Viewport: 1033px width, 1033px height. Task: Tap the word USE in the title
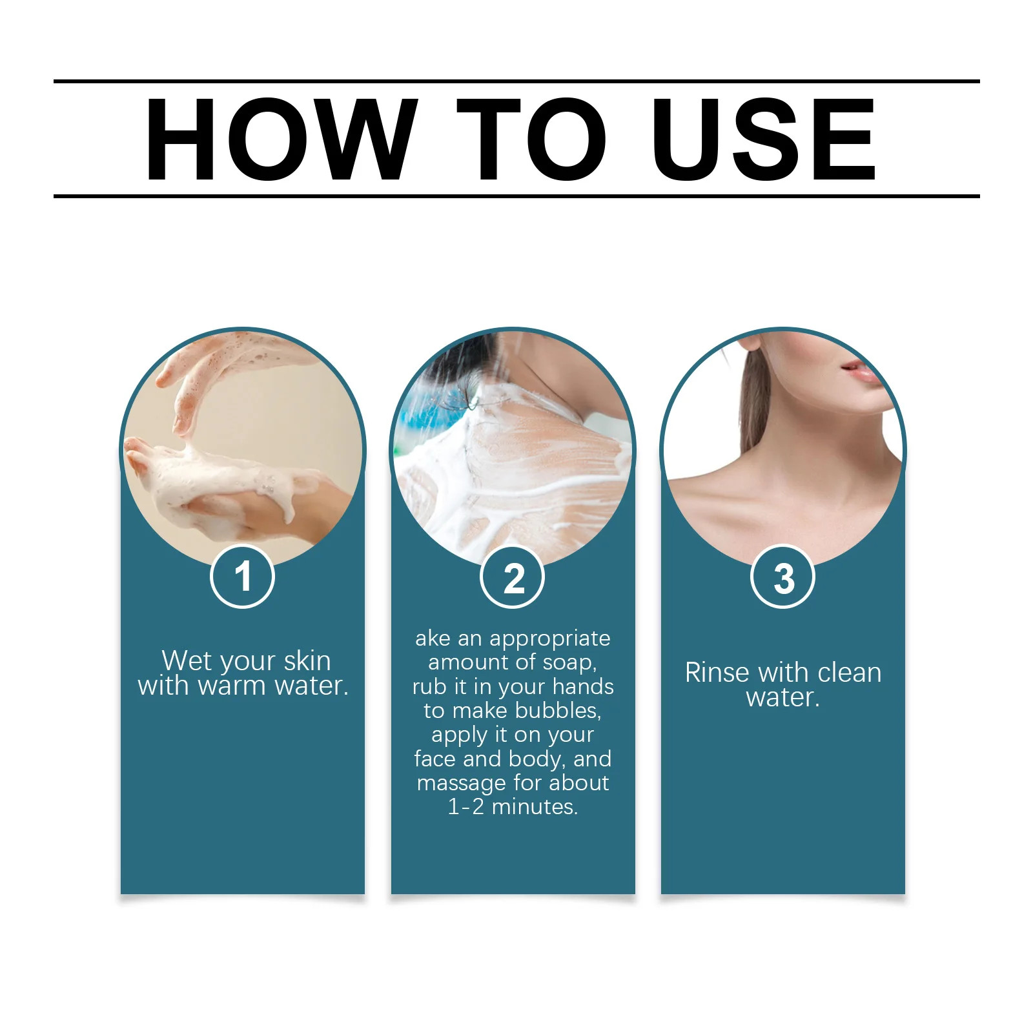[763, 139]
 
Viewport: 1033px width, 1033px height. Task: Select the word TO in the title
[531, 139]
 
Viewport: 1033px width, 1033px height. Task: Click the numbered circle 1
[243, 577]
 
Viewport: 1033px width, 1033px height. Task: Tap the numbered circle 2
[513, 577]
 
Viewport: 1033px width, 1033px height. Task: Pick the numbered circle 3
[782, 577]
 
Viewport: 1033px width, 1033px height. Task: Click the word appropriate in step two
[549, 639]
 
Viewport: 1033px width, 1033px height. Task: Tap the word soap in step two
[569, 663]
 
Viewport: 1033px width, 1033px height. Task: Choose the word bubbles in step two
[558, 710]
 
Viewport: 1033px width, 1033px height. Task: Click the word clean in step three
[850, 673]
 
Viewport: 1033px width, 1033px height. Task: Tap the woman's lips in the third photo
[861, 371]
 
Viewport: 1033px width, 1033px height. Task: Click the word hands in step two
[583, 686]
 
